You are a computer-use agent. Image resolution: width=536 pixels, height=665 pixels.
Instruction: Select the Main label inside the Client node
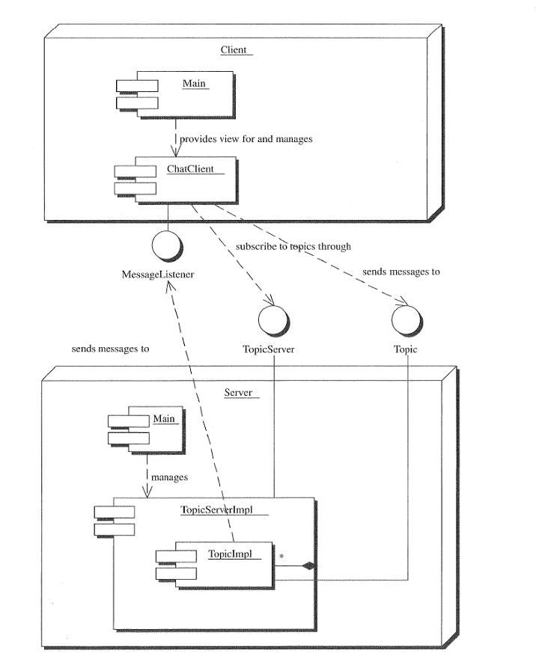point(194,85)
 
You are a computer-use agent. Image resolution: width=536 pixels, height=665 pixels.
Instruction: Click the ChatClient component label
point(189,168)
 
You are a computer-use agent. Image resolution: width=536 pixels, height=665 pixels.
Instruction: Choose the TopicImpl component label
point(228,554)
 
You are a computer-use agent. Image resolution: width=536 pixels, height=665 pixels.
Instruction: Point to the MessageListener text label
point(158,275)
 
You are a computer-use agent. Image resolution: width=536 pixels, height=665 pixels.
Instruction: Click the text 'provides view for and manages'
point(246,138)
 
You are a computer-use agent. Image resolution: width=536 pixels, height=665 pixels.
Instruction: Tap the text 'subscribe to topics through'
point(293,245)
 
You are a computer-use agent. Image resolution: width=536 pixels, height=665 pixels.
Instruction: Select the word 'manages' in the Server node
point(168,475)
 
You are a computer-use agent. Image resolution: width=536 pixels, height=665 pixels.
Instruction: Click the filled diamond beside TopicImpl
point(308,566)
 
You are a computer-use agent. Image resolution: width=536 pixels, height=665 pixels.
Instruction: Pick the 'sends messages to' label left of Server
point(110,349)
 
